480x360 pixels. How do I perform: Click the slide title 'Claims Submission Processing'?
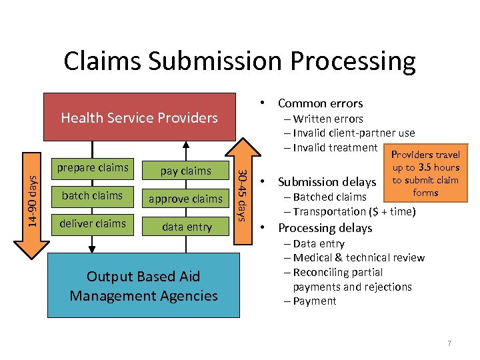[239, 61]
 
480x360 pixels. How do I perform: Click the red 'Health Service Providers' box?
[139, 118]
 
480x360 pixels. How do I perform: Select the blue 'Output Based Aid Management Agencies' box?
[143, 286]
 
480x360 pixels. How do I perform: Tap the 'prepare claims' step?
[93, 167]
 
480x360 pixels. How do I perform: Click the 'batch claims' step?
[93, 195]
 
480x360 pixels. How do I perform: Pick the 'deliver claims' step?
[93, 223]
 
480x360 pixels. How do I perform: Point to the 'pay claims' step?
[186, 171]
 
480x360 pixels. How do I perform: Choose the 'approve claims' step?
[185, 199]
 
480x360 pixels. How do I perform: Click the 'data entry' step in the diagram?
[187, 227]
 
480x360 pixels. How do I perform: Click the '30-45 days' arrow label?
[244, 195]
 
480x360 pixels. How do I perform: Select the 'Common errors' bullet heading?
[320, 103]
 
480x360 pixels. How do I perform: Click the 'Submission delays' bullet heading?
[327, 181]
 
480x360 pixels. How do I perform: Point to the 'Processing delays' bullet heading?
[325, 227]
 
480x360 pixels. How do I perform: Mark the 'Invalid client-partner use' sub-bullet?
[353, 133]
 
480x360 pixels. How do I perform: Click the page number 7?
[449, 343]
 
